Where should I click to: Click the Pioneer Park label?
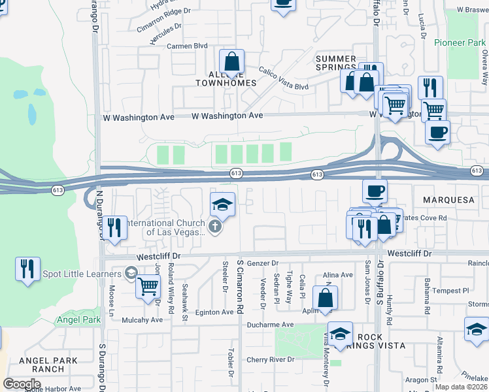point(460,42)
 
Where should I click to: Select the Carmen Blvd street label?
point(187,46)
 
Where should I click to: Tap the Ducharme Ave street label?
point(270,325)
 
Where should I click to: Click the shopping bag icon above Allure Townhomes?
point(231,62)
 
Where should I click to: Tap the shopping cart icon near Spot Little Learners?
point(148,285)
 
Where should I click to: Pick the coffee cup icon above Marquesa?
point(375,191)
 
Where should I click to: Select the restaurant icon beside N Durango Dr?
point(114,227)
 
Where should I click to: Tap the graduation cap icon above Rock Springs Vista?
point(340,333)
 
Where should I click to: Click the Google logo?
point(22,384)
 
